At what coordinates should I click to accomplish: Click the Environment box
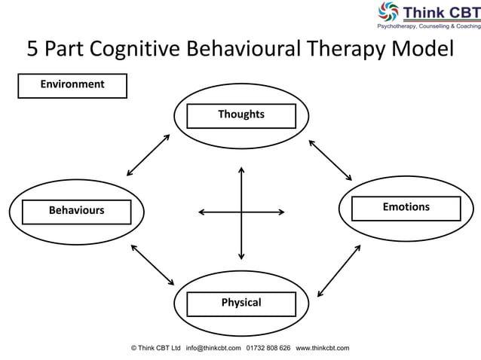pos(72,85)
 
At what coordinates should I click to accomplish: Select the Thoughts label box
pos(241,115)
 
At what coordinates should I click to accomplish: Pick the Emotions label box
pos(406,207)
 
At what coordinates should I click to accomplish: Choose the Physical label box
pos(241,303)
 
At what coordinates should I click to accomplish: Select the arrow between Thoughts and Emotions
pos(330,159)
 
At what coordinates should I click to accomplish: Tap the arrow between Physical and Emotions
pos(339,270)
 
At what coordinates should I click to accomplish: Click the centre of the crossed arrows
pos(241,212)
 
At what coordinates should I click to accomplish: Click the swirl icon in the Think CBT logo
pos(388,12)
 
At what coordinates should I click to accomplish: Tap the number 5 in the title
pos(33,49)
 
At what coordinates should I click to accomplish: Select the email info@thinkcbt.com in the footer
pos(213,348)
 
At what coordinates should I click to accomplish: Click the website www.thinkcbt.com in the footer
pos(323,348)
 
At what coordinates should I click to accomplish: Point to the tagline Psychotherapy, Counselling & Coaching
pos(428,26)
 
